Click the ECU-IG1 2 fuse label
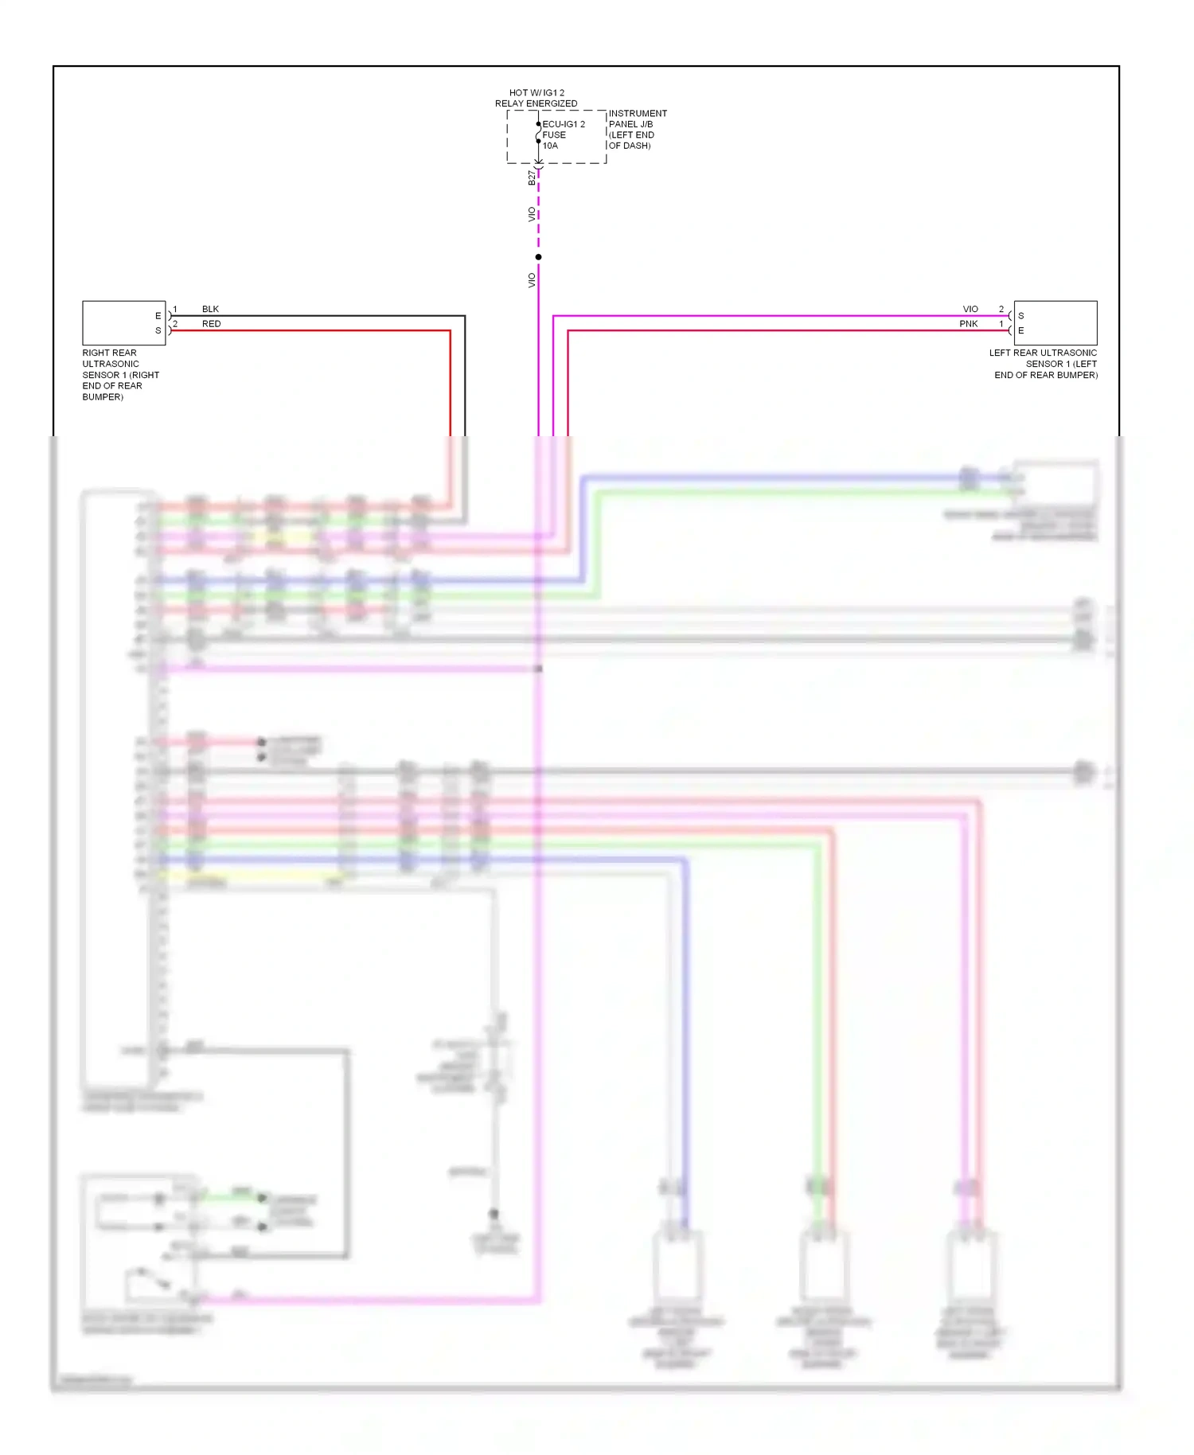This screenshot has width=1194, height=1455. click(x=564, y=124)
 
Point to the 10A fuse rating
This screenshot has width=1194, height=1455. click(x=550, y=146)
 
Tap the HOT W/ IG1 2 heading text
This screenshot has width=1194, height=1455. click(x=537, y=93)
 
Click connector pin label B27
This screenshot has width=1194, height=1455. click(x=532, y=177)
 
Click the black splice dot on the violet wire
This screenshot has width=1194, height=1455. click(x=539, y=257)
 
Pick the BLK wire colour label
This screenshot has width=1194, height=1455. click(x=210, y=309)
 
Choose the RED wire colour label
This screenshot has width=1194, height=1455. click(x=211, y=324)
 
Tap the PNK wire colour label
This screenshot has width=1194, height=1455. click(x=968, y=324)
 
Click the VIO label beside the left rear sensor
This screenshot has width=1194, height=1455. click(x=970, y=309)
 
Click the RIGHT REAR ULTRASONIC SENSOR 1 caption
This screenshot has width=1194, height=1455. click(x=120, y=374)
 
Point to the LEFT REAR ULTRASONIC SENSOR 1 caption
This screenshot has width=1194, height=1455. click(x=1044, y=364)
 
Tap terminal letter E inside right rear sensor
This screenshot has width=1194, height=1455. click(x=158, y=316)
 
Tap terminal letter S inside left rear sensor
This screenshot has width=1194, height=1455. click(x=1021, y=316)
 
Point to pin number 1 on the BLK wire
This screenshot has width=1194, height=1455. click(x=175, y=309)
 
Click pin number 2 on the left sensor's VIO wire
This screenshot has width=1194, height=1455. click(x=1001, y=309)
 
